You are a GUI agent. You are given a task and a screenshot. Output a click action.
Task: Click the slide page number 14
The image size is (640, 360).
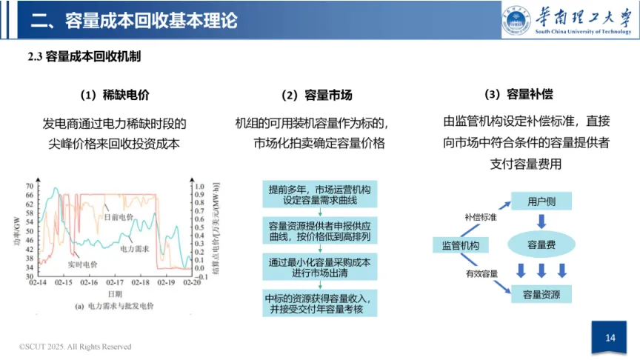[610, 338]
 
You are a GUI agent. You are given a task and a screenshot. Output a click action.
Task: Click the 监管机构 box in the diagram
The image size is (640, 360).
[460, 245]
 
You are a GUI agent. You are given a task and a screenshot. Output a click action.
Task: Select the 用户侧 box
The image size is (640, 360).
[541, 201]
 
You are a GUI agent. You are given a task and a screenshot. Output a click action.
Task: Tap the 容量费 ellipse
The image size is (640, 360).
[541, 244]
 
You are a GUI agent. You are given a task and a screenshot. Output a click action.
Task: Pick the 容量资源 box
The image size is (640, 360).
[541, 294]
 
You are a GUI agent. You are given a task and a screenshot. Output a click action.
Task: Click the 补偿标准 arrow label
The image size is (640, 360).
[481, 216]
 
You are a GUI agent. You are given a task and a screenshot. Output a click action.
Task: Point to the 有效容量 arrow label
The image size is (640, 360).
[481, 273]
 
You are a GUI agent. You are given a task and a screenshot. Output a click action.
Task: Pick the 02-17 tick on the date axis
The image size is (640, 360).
[115, 283]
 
